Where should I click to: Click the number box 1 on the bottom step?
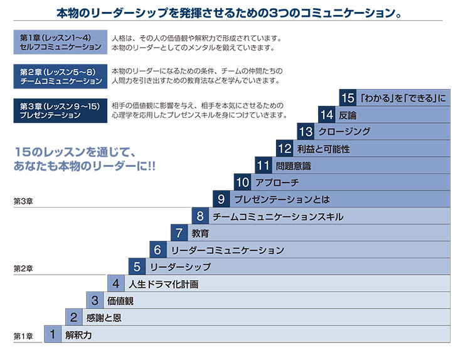point(53,334)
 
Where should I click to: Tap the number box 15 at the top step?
point(348,98)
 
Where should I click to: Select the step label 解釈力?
point(78,335)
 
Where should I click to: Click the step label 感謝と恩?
point(104,318)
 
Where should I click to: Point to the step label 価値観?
point(120,301)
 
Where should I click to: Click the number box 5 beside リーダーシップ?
point(137,267)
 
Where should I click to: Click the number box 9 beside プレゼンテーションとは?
point(222,199)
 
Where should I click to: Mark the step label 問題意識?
point(293,166)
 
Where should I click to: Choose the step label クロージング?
point(344,132)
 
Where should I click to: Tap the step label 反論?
point(348,115)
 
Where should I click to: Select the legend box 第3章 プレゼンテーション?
point(58,110)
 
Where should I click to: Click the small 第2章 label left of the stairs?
point(23,268)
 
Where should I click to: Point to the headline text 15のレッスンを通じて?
point(75,152)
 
